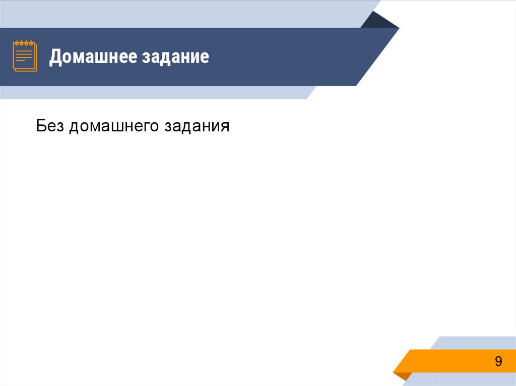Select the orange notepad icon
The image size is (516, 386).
(x=24, y=56)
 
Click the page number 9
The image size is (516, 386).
(x=498, y=361)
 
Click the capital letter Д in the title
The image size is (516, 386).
(x=55, y=57)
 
